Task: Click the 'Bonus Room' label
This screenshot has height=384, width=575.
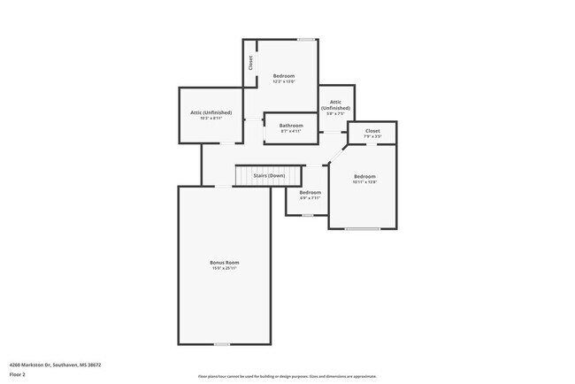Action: pos(224,262)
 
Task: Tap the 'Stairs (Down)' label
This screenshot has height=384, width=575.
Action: pos(269,175)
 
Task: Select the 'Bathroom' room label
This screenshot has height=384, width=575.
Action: pos(291,126)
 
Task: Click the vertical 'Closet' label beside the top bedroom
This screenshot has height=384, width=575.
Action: pos(250,63)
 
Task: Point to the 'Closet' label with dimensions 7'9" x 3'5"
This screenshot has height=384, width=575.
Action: pos(372,131)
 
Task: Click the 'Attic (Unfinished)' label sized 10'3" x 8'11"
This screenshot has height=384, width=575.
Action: pos(211,112)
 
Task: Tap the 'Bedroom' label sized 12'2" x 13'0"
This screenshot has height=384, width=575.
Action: pos(284,76)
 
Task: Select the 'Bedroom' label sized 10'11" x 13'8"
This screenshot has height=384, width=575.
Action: pos(364,176)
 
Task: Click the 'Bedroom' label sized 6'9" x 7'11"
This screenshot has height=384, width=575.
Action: pos(310,192)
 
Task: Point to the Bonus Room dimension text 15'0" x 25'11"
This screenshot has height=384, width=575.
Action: pos(224,268)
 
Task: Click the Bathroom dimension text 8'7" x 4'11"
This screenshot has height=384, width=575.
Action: pos(291,131)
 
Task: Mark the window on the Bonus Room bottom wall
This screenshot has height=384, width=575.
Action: pos(222,344)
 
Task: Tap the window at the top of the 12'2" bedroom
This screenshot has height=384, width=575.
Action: pos(306,39)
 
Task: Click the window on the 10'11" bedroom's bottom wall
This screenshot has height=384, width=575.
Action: pos(362,229)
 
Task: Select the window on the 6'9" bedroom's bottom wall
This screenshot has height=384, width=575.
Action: pos(307,215)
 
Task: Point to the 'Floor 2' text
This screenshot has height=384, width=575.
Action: pos(18,374)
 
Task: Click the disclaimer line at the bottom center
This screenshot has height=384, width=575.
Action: pos(287,376)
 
